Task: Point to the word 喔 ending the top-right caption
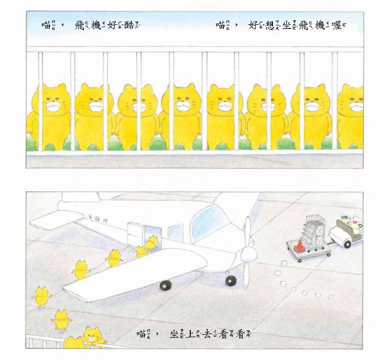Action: (339, 25)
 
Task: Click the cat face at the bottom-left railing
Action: (90, 337)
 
